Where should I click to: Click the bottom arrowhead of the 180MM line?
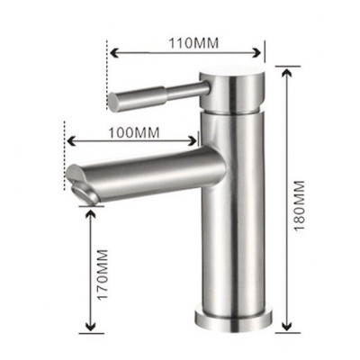(x=283, y=328)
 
